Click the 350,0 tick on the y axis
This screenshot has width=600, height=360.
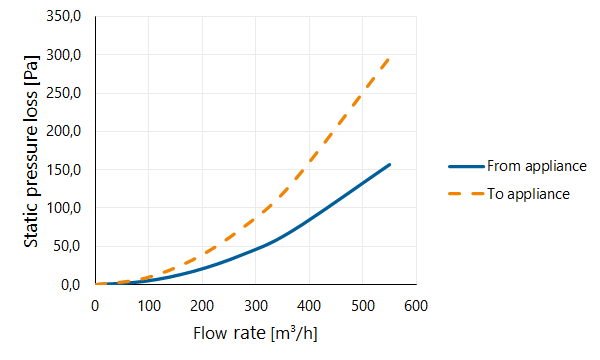(64, 16)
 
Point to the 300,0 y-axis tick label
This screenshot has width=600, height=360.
(64, 55)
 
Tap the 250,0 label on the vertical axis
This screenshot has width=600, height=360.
(64, 93)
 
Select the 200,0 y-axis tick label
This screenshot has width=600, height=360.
(64, 132)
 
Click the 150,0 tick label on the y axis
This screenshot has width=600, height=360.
(64, 170)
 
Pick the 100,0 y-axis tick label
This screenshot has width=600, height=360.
(64, 208)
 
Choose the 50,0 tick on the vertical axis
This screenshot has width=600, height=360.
(67, 246)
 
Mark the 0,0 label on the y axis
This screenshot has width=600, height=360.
(70, 285)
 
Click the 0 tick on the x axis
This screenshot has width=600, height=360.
(95, 306)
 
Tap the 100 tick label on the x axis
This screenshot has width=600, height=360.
(149, 306)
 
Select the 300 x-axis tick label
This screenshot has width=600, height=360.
(256, 306)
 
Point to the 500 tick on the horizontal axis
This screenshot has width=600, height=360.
(363, 306)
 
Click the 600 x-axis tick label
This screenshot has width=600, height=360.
(416, 306)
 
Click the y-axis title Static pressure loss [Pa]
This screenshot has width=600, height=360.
(31, 151)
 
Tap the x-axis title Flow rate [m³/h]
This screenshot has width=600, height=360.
(255, 333)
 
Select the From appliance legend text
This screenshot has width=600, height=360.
(536, 166)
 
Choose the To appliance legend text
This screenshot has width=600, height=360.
(528, 194)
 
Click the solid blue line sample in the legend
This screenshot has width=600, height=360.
(466, 166)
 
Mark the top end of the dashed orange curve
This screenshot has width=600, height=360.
(389, 58)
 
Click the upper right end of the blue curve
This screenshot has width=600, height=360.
(389, 165)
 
